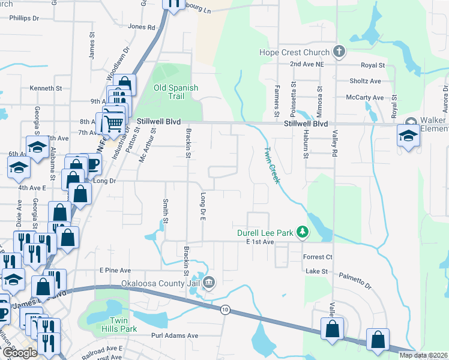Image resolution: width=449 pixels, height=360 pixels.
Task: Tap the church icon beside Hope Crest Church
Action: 339,52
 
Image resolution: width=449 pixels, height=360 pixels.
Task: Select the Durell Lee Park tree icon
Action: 304,232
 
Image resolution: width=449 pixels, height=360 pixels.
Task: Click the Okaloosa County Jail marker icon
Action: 209,281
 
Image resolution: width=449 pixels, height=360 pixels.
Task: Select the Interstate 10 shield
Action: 224,309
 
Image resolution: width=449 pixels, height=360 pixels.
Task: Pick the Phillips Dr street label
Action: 24,19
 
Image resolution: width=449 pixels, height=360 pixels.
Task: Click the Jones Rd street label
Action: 142,27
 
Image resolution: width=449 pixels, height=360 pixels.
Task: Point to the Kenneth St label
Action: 46,88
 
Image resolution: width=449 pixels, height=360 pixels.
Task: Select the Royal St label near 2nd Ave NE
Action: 372,65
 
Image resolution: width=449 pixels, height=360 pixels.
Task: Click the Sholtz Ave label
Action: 366,81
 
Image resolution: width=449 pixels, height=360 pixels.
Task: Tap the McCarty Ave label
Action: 364,97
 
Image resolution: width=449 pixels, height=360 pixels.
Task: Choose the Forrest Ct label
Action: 318,257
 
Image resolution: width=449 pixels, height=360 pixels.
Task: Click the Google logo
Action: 19,353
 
